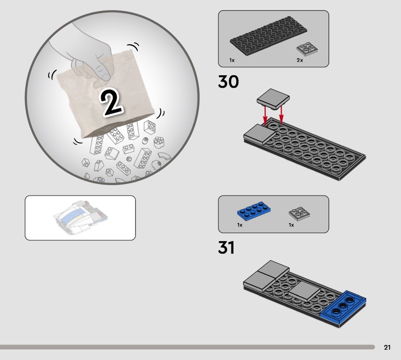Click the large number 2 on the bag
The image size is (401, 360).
point(111,102)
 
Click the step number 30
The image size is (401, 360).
point(229,82)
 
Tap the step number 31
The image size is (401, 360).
point(227,247)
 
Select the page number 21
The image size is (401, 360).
point(387,347)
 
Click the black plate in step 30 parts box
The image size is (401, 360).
point(269,36)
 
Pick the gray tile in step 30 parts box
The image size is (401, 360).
point(307,48)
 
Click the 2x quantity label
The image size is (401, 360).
point(300,60)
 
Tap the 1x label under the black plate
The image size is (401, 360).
point(232,60)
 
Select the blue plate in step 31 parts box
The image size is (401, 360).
point(254,211)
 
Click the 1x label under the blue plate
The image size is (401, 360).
point(240,225)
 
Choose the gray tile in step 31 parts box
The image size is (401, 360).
point(299,213)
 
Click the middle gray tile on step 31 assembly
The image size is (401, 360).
point(304,292)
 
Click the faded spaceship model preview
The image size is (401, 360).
point(80,218)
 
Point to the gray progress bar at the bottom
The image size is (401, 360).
point(187,347)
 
